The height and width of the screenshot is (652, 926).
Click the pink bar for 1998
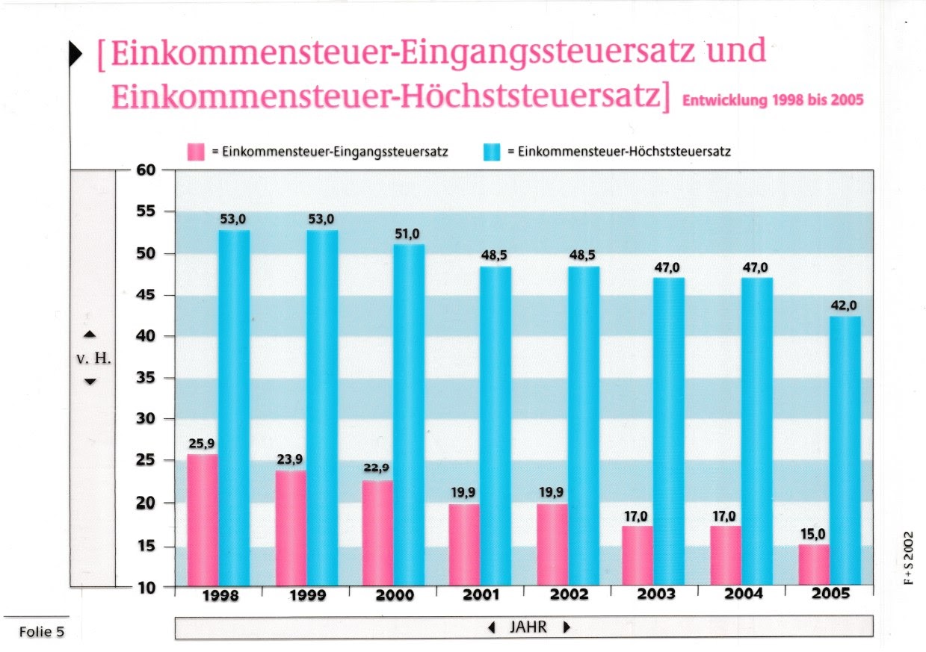203,520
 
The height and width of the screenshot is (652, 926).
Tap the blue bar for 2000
408,415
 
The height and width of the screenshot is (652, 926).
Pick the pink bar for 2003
638,556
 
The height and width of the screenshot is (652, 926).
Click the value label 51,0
408,235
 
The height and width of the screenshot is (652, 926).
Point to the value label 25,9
202,444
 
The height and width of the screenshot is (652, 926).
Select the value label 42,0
845,305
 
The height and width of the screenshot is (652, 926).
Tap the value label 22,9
377,468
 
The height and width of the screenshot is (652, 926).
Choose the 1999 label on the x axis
306,596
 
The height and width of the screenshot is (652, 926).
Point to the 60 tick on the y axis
146,170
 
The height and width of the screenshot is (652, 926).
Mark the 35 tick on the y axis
146,378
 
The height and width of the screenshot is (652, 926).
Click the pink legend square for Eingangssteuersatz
197,152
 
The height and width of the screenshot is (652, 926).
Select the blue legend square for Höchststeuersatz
492,152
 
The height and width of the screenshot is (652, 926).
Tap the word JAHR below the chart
528,627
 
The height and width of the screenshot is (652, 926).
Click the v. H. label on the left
93,358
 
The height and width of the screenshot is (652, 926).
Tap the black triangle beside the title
76,55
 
